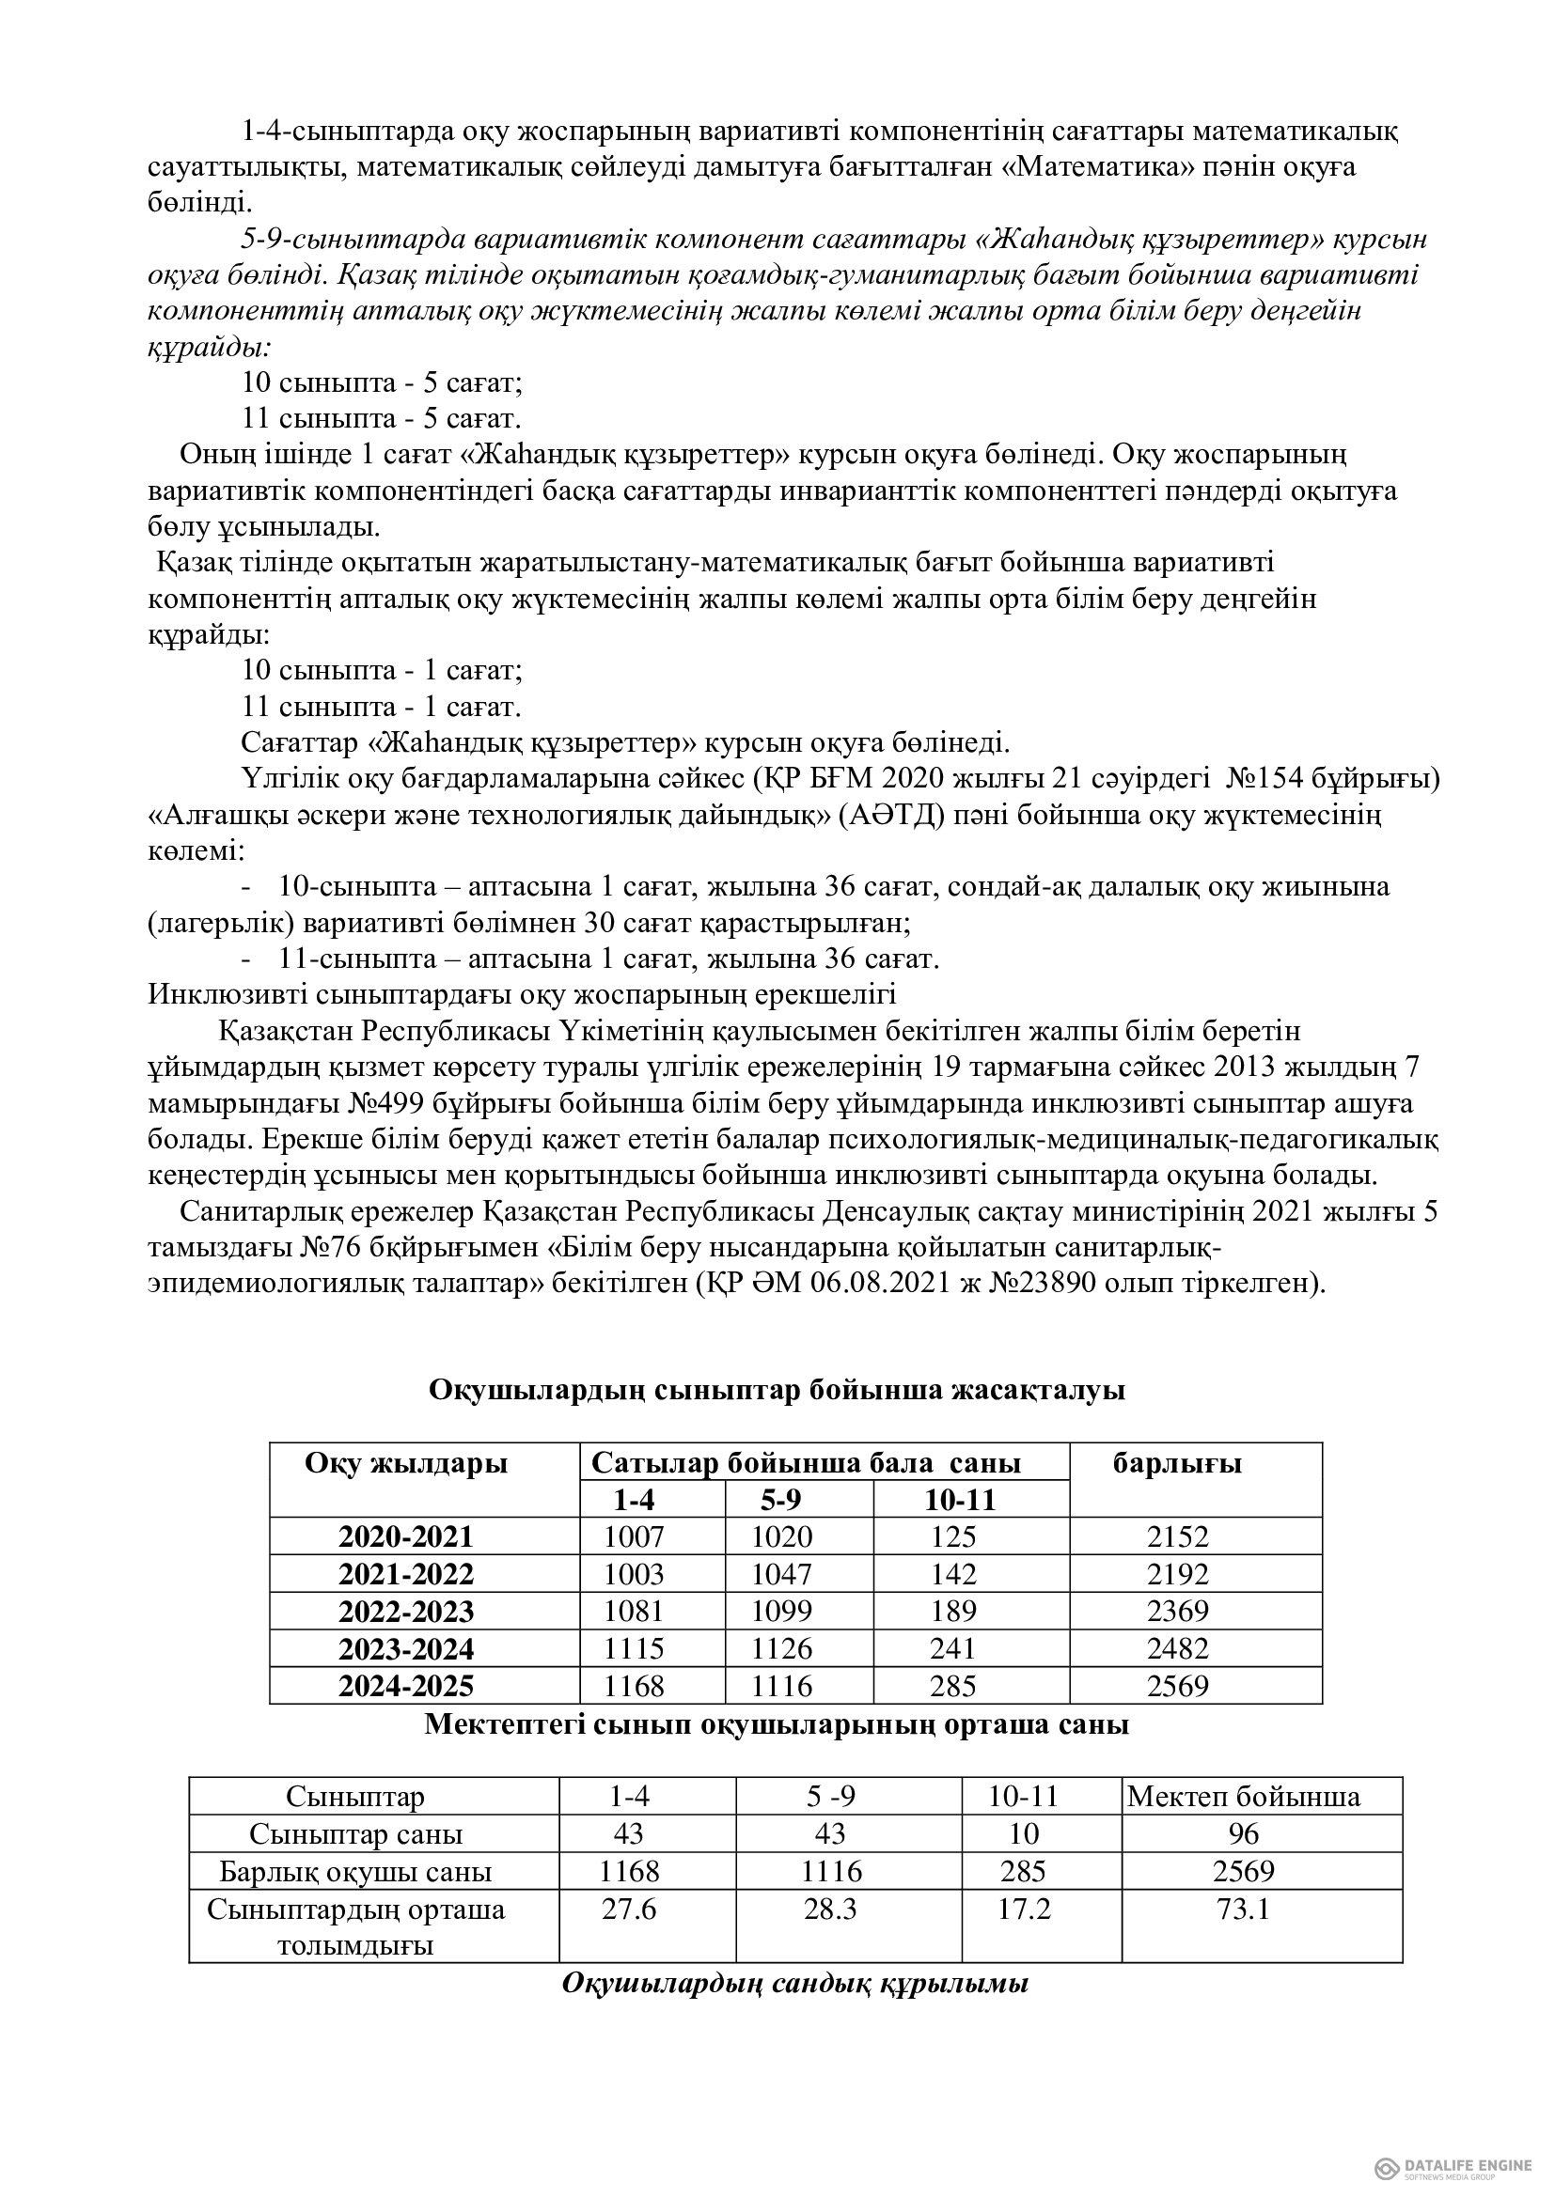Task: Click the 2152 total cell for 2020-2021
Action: (x=1178, y=1536)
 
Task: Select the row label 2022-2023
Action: (x=405, y=1612)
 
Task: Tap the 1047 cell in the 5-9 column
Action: (x=781, y=1574)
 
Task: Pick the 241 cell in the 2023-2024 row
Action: (x=952, y=1648)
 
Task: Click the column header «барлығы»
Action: (x=1177, y=1463)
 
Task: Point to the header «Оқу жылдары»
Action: (x=406, y=1463)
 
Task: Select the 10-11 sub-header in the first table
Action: (x=961, y=1500)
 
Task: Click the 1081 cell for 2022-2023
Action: (x=634, y=1612)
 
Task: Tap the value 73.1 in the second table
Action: (x=1243, y=1909)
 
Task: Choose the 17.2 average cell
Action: (x=1024, y=1909)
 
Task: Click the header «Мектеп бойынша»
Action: (x=1243, y=1796)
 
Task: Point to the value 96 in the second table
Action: (x=1243, y=1834)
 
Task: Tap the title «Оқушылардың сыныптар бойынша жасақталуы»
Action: (x=777, y=1390)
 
